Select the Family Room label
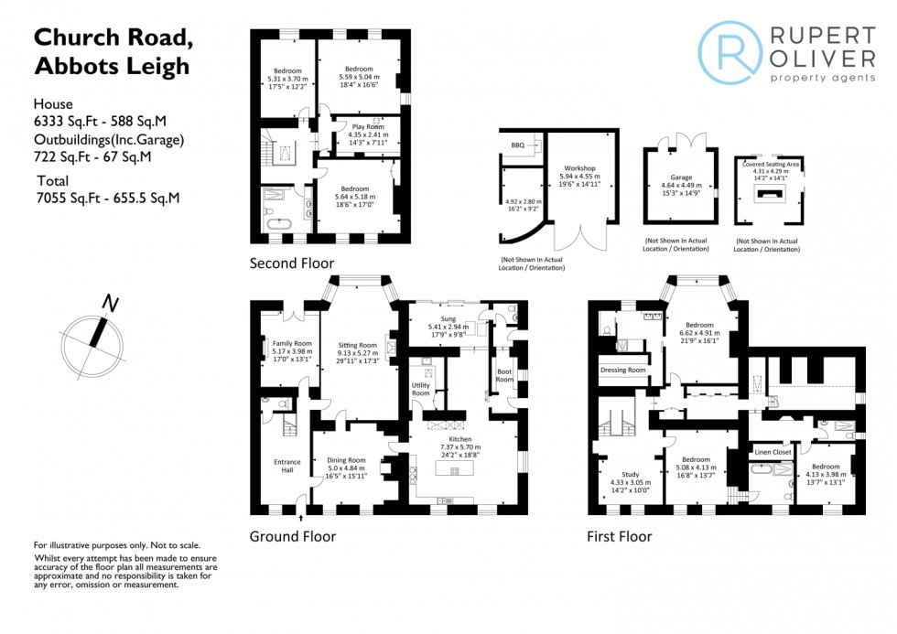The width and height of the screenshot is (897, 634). coord(291,343)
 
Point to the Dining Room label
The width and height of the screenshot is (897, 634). coord(346,460)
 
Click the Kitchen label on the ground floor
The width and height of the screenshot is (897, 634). coord(460,439)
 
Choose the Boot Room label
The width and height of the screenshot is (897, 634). coord(504,375)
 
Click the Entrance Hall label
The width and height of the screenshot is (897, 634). coord(286,466)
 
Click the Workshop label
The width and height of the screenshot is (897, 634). coord(579,168)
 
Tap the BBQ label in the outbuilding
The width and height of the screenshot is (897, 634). coord(518,145)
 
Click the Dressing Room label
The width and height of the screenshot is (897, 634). coord(622,370)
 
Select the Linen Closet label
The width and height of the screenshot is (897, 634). coord(773,452)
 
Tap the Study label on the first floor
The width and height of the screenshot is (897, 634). coord(630,474)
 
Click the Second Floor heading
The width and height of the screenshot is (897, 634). coord(292,263)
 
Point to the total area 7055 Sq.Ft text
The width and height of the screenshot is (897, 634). coord(107,197)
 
